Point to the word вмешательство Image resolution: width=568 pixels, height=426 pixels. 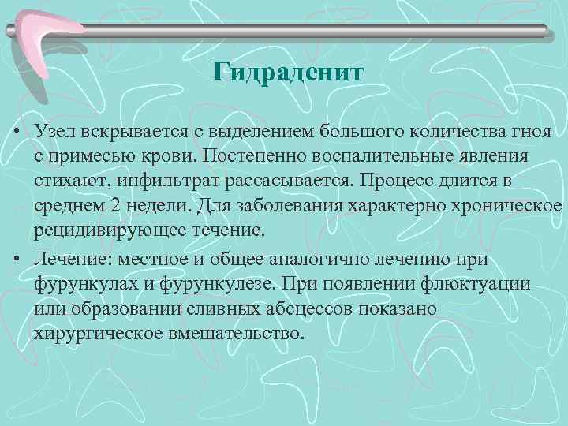pyautogui.click(x=237, y=334)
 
